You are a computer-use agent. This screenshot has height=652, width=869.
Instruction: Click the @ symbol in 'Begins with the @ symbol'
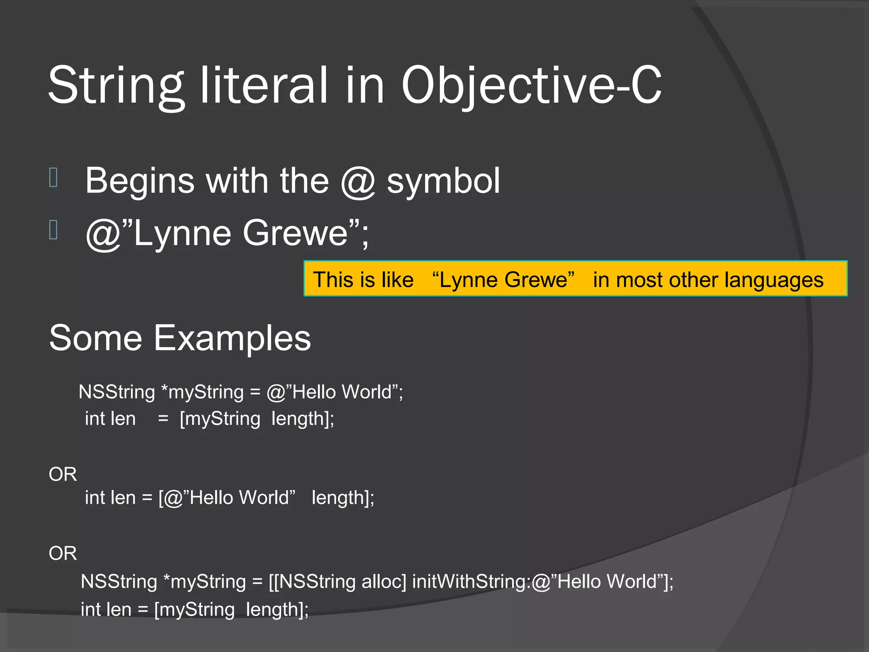pyautogui.click(x=358, y=181)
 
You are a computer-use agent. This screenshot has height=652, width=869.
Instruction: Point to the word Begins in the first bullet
pyautogui.click(x=140, y=181)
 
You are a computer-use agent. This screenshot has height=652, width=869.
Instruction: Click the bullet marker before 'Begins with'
pyautogui.click(x=53, y=177)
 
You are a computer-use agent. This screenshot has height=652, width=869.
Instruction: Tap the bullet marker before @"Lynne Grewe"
pyautogui.click(x=53, y=230)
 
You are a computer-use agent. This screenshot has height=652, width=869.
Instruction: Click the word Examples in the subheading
pyautogui.click(x=232, y=338)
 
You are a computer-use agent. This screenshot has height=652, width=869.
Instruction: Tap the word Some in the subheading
pyautogui.click(x=95, y=338)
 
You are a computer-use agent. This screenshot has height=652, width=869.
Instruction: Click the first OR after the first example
pyautogui.click(x=63, y=474)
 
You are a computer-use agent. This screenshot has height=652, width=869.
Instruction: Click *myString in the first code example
pyautogui.click(x=202, y=392)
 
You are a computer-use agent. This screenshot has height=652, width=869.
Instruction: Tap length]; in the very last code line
pyautogui.click(x=277, y=610)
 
